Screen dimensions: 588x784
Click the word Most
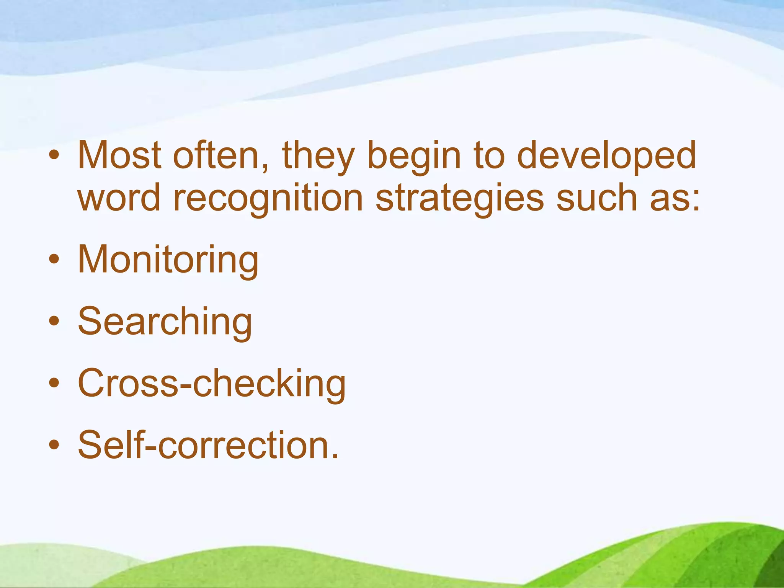click(119, 155)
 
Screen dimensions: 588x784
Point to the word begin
click(413, 157)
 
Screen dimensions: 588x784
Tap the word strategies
click(459, 199)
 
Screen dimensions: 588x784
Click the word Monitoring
click(168, 260)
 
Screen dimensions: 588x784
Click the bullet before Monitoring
click(54, 259)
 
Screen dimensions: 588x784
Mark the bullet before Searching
click(54, 321)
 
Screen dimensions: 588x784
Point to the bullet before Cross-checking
click(54, 382)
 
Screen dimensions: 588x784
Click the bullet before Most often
click(54, 155)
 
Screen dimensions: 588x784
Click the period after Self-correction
click(335, 456)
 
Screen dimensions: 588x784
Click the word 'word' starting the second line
click(119, 198)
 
